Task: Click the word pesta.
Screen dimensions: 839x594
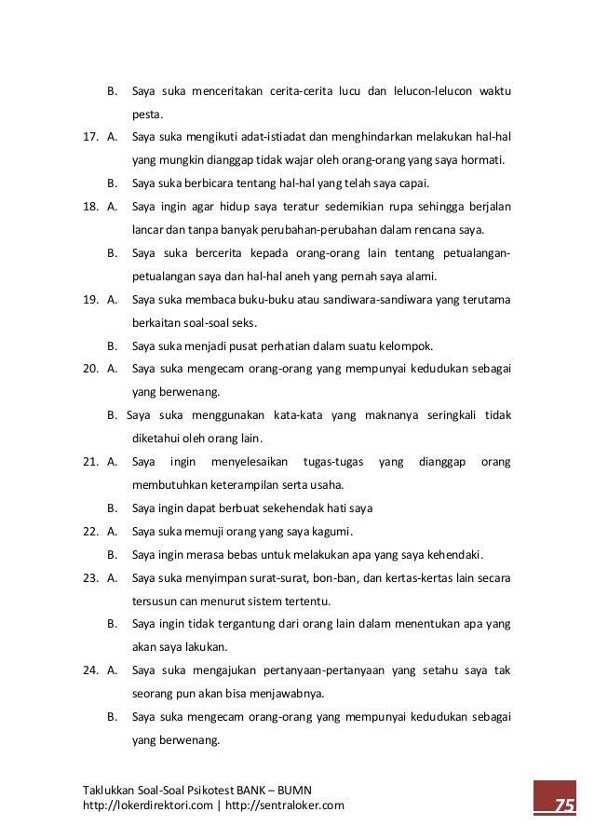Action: tap(147, 115)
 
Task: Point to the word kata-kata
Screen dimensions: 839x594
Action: tap(297, 415)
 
